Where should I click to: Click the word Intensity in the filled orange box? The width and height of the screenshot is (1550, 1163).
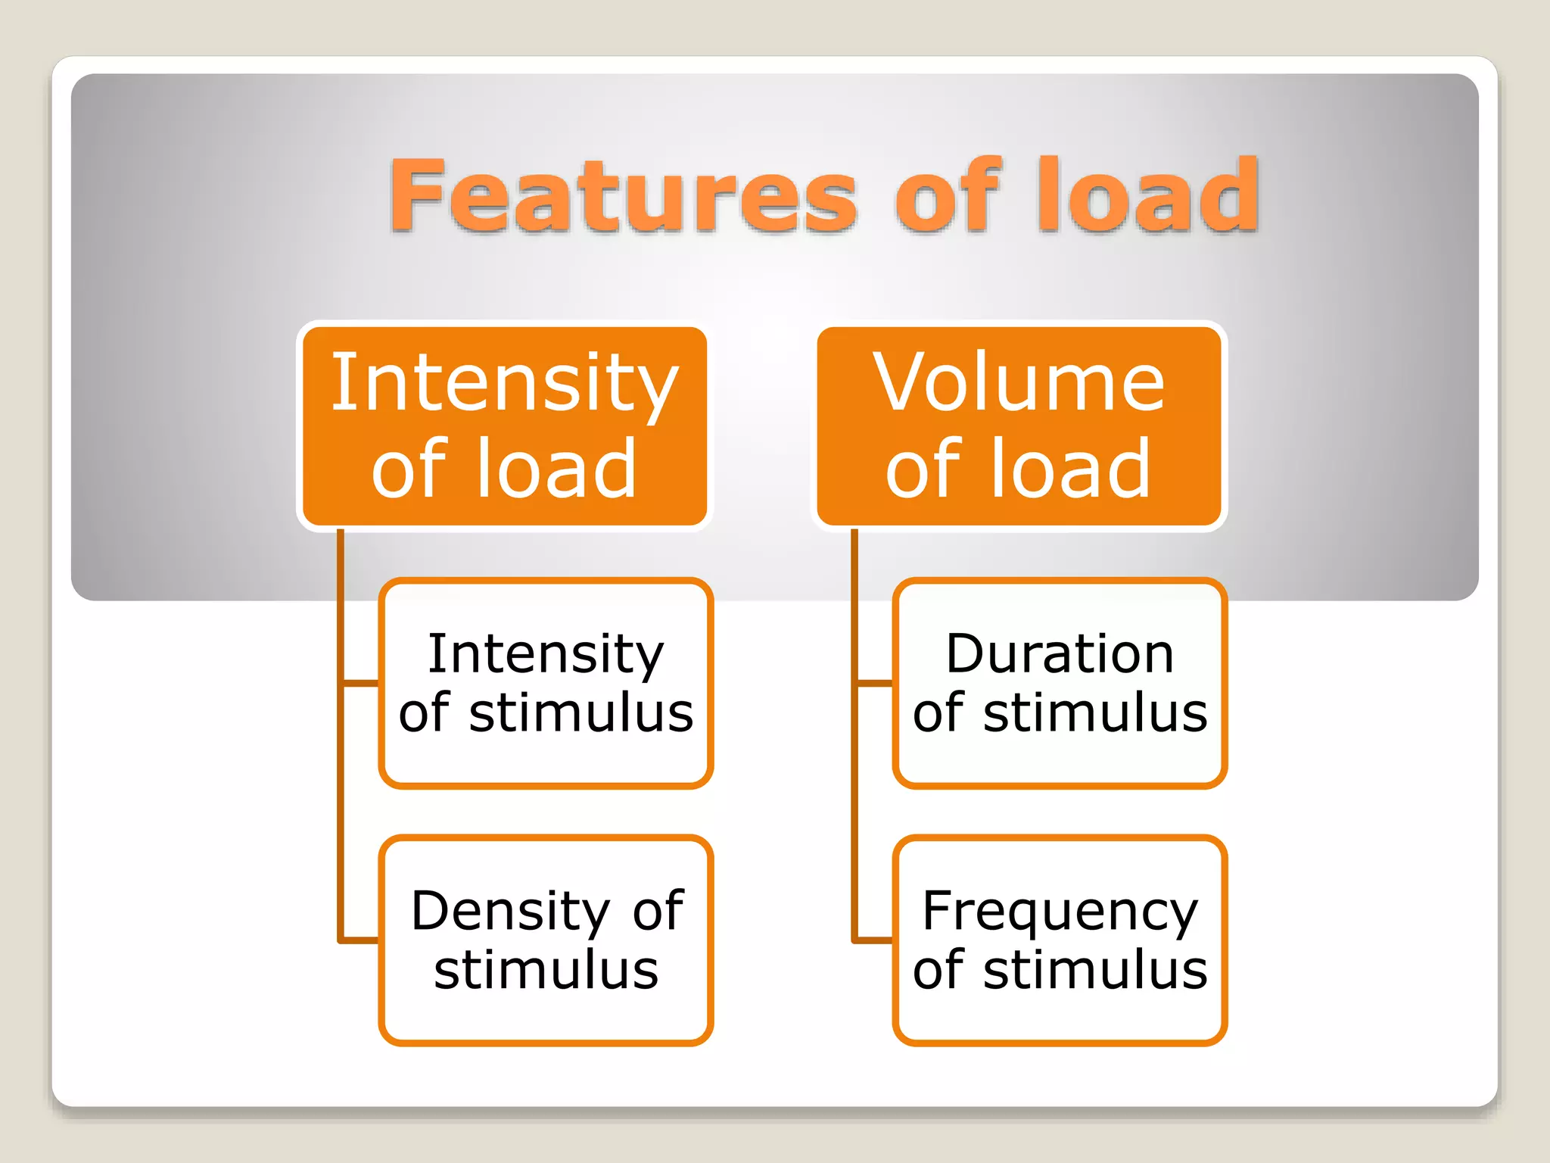[505, 385]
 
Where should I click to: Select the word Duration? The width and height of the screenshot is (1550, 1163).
[1060, 653]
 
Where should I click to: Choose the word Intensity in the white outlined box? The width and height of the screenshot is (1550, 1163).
[546, 653]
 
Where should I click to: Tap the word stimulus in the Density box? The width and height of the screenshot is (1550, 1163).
[546, 971]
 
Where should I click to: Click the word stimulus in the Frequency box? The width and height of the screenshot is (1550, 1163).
[1094, 971]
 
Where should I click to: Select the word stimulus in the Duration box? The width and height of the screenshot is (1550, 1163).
[1094, 713]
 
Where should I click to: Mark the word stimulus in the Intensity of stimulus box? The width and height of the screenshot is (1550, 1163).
[580, 713]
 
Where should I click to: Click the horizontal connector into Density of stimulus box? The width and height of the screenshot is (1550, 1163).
[360, 940]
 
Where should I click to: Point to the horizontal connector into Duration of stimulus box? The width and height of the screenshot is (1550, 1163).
[875, 683]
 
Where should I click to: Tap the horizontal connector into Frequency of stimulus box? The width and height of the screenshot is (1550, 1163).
[875, 940]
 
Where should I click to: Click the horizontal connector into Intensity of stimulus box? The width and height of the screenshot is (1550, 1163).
[360, 683]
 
